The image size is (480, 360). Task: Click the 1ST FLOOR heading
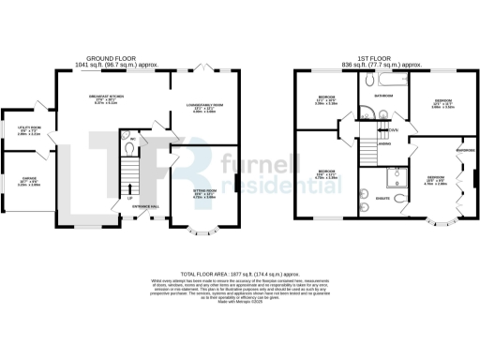coord(366,55)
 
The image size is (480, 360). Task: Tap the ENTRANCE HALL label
coord(145,205)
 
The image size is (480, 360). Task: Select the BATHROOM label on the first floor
coord(384,95)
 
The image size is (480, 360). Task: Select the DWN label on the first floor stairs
coord(395,129)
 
